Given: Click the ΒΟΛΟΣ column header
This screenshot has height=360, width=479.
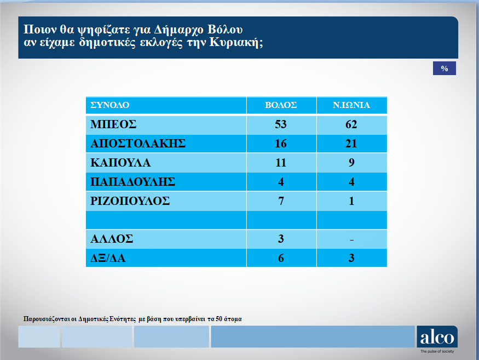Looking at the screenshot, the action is click(281, 105).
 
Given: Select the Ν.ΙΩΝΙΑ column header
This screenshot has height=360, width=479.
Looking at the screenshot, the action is click(351, 105).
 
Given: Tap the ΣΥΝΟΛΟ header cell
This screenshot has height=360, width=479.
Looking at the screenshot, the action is click(109, 105).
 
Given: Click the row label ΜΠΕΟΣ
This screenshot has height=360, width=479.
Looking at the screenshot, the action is click(113, 124).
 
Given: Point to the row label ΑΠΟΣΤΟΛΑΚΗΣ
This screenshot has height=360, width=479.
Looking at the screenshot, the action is click(138, 144).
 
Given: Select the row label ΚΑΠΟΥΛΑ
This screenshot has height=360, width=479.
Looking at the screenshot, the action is click(120, 163).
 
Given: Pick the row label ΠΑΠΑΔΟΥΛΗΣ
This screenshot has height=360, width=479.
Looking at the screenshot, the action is click(132, 182).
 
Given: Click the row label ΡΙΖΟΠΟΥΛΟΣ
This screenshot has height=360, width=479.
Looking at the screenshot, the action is click(130, 201).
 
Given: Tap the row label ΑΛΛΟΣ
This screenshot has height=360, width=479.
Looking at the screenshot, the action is click(112, 238).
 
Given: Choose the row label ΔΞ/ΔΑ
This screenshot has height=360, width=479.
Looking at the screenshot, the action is click(108, 258).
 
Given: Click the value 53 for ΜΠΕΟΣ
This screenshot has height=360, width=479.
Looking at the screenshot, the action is click(281, 124).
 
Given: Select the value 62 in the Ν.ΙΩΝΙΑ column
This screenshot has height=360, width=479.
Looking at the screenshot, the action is click(351, 124).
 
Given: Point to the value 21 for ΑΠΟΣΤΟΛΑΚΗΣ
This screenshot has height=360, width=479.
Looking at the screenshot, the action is click(351, 144).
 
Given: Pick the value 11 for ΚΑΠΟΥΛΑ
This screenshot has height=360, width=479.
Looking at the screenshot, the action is click(281, 163).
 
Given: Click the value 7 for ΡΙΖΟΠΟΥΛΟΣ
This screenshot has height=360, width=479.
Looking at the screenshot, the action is click(281, 201).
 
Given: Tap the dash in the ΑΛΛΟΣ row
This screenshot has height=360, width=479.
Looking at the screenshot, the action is click(351, 240).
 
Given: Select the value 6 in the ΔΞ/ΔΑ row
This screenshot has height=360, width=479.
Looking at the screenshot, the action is click(281, 258).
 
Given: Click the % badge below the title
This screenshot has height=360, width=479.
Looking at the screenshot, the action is click(445, 68).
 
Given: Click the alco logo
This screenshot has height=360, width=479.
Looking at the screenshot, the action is click(437, 337).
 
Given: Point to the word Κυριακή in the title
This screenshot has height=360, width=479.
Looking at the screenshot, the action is click(236, 42).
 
